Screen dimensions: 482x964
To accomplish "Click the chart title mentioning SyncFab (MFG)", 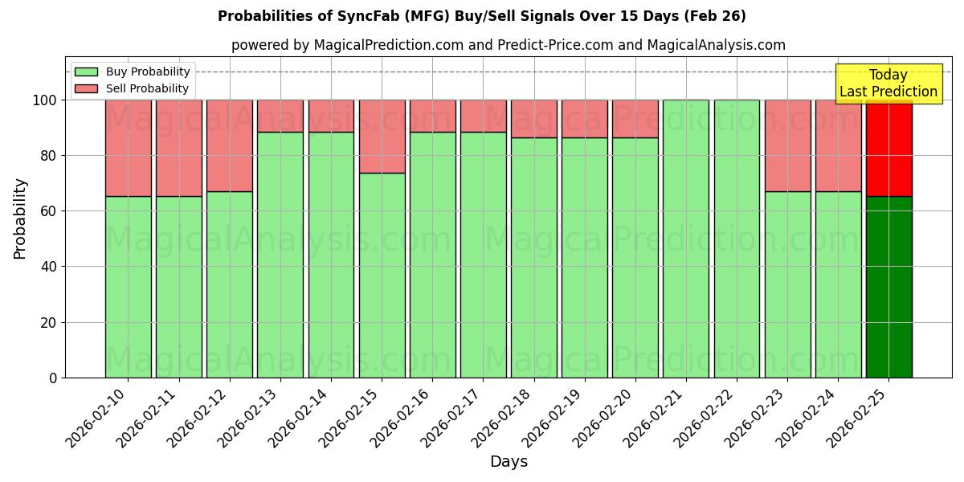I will coord(481,16).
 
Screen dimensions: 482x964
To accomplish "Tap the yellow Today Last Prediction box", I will coord(888,84).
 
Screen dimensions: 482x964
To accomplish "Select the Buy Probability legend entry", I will coord(132,71).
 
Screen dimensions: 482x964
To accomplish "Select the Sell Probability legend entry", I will coord(132,88).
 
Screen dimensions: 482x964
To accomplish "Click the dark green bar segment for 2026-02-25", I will coord(888,287).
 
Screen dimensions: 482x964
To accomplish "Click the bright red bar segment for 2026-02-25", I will coord(888,149).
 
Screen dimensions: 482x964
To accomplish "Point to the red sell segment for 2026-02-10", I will coord(128,149).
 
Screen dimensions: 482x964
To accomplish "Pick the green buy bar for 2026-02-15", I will coord(382,275).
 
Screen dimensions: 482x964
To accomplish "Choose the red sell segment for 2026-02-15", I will coord(382,137).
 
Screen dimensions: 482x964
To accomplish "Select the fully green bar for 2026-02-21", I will coord(685,239).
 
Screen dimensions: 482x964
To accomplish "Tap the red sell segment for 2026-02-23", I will coord(787,145).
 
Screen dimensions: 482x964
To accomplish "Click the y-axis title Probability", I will coord(20,218).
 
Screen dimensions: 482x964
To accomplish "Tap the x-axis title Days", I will coord(509,462).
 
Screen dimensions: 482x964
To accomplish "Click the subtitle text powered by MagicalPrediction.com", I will coord(508,45).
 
